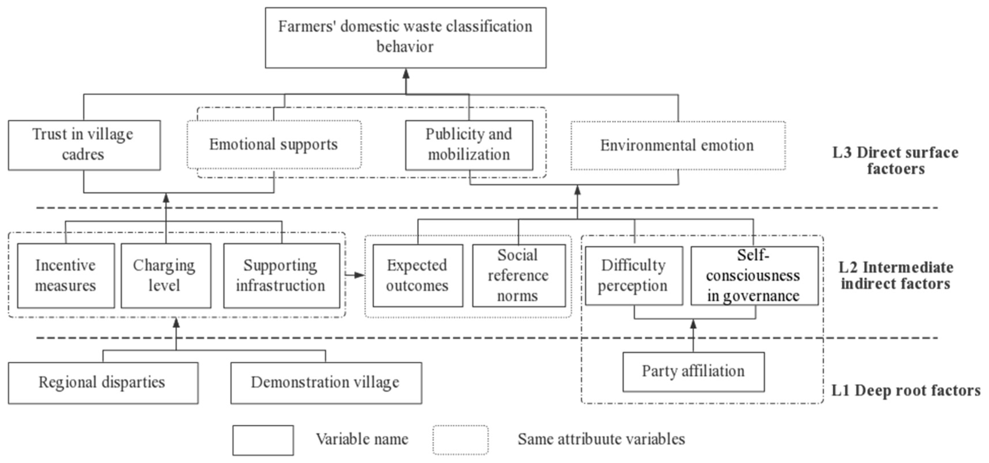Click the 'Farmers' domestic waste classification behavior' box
[x=406, y=38]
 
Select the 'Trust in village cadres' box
[x=84, y=145]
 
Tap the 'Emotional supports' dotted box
[x=274, y=144]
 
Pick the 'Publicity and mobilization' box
[x=469, y=145]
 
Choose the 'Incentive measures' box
[x=66, y=275]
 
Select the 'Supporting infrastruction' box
[x=281, y=275]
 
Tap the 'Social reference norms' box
[x=518, y=275]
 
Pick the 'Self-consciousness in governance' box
[x=754, y=275]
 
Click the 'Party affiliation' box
[x=693, y=372]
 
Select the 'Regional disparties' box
[x=103, y=383]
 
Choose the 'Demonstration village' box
[x=326, y=383]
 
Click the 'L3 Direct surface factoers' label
[x=895, y=161]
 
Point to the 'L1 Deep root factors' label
[x=906, y=390]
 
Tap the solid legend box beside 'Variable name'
[x=263, y=440]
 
